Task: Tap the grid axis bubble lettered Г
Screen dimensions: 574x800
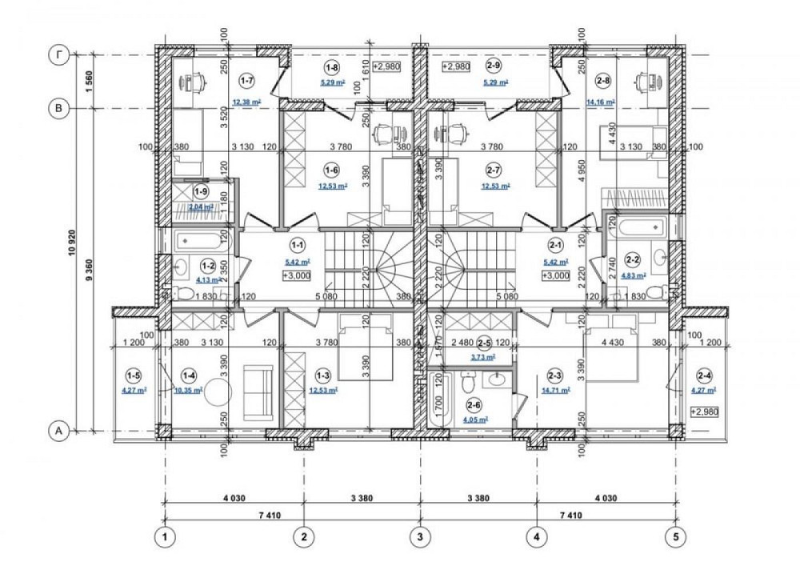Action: (58, 54)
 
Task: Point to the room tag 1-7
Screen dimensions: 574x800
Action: (246, 81)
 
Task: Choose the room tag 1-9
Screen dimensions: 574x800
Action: (202, 191)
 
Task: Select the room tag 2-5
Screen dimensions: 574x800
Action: (484, 342)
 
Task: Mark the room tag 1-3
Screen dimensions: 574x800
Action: (323, 375)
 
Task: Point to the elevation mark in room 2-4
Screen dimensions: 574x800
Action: (704, 411)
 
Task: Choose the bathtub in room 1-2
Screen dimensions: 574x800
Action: (193, 239)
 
